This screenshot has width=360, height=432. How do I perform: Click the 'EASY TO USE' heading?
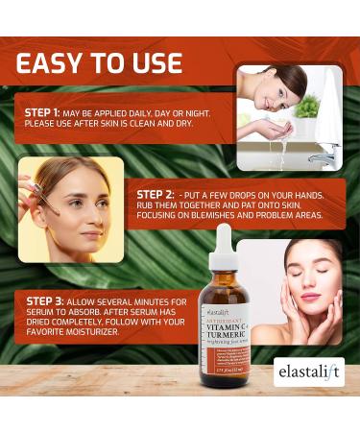(99, 63)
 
